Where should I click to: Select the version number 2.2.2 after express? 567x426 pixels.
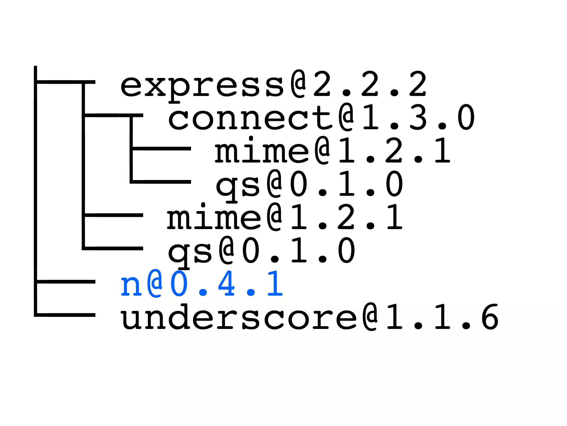(370, 84)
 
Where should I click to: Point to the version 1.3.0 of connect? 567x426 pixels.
(418, 118)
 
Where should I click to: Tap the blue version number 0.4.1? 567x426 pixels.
(227, 284)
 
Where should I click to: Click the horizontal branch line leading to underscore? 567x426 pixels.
(66, 315)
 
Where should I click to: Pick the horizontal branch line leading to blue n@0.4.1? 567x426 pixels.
(66, 282)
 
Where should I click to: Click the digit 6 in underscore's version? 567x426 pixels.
(490, 317)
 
